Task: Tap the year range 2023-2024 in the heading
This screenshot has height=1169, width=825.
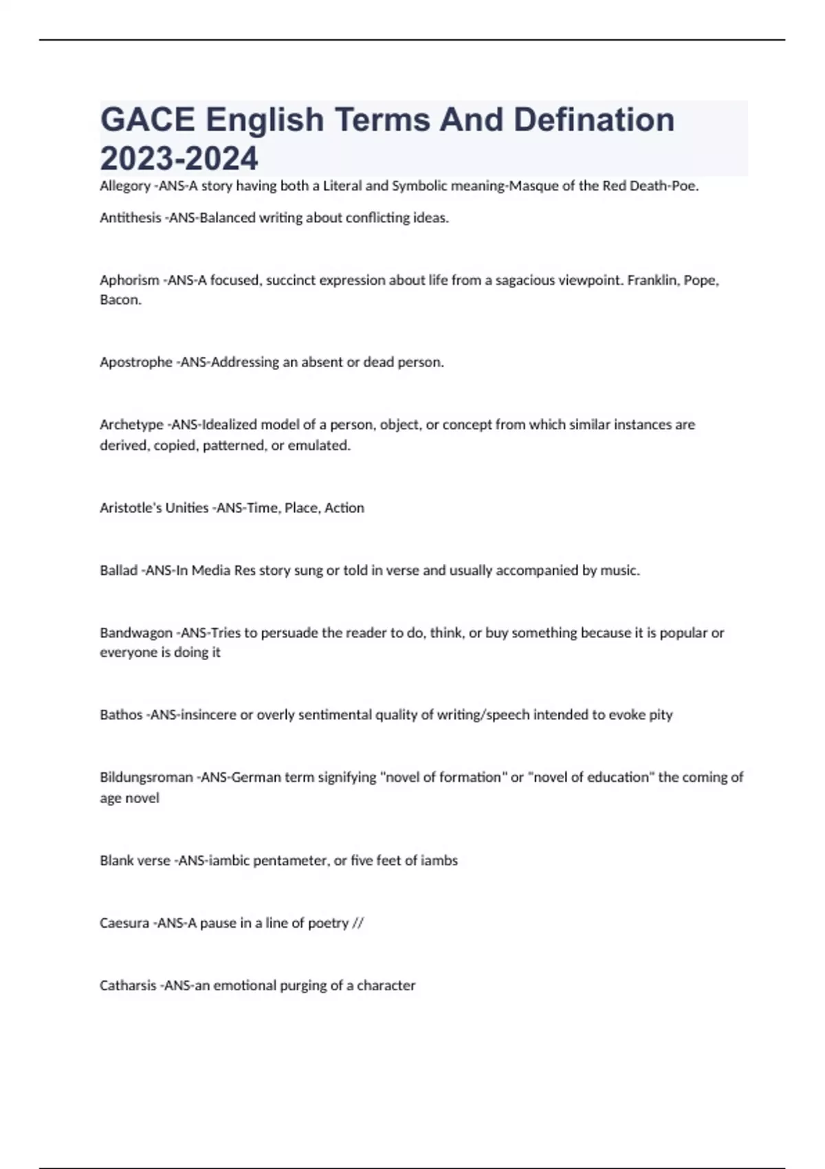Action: pos(179,158)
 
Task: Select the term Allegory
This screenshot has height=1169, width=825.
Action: pos(125,186)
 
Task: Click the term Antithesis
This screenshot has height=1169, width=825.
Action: pos(130,218)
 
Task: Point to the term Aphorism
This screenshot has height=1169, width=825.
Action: pos(129,280)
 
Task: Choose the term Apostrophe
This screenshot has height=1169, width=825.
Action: pos(136,362)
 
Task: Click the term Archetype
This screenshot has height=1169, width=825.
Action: pos(131,424)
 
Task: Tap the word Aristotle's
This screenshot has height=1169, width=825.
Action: pos(129,507)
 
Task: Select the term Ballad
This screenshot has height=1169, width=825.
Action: pos(118,570)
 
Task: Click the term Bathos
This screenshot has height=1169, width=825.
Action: pos(121,714)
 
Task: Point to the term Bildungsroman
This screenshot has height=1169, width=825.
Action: pos(146,777)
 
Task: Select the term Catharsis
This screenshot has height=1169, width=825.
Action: pos(128,985)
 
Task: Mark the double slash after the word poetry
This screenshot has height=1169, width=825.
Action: pos(357,923)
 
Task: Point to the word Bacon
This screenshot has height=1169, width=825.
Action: pos(120,300)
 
